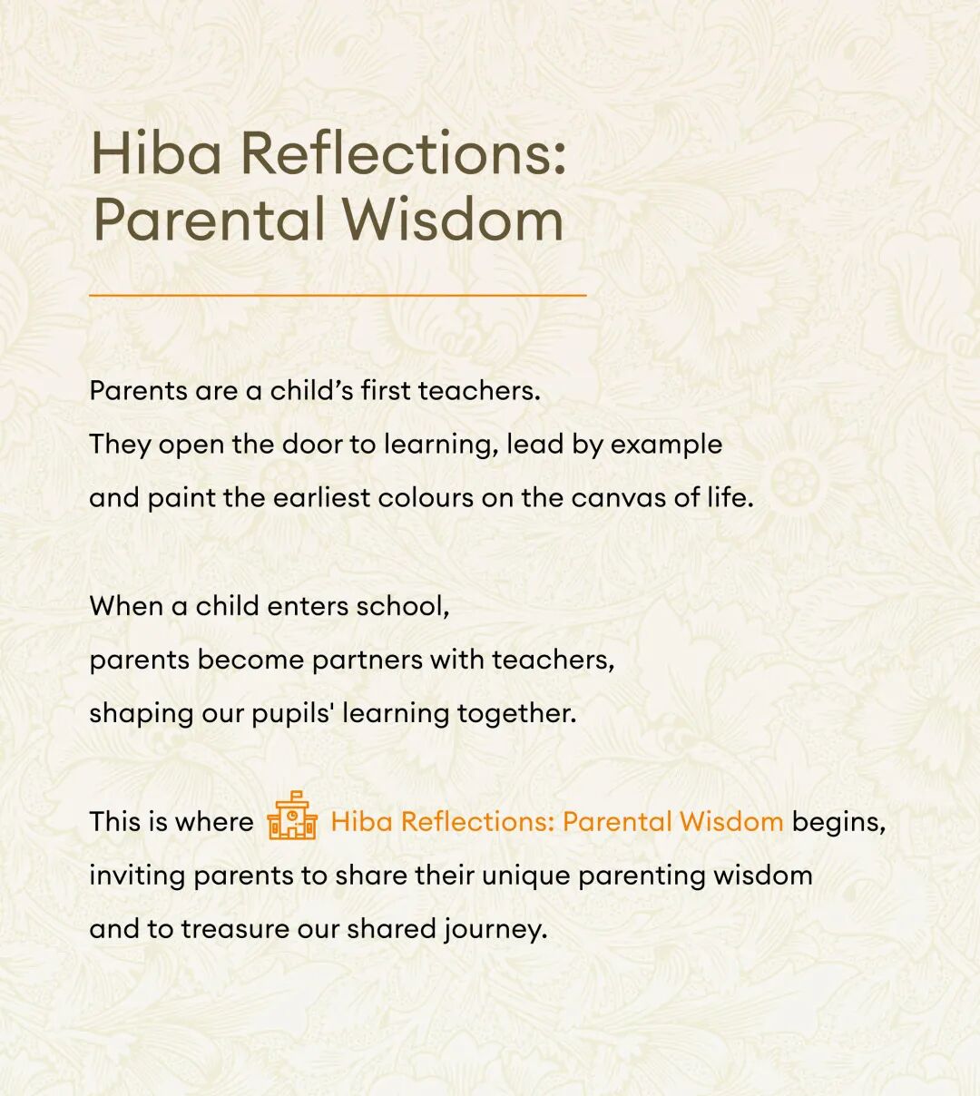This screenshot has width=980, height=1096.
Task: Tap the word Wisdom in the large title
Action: click(x=454, y=219)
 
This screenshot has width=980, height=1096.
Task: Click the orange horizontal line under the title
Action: click(x=338, y=296)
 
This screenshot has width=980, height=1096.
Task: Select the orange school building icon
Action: click(x=292, y=816)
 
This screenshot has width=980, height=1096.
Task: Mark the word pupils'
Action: click(x=294, y=714)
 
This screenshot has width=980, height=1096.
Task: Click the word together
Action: click(x=517, y=714)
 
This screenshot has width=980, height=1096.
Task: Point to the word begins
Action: click(x=838, y=823)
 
